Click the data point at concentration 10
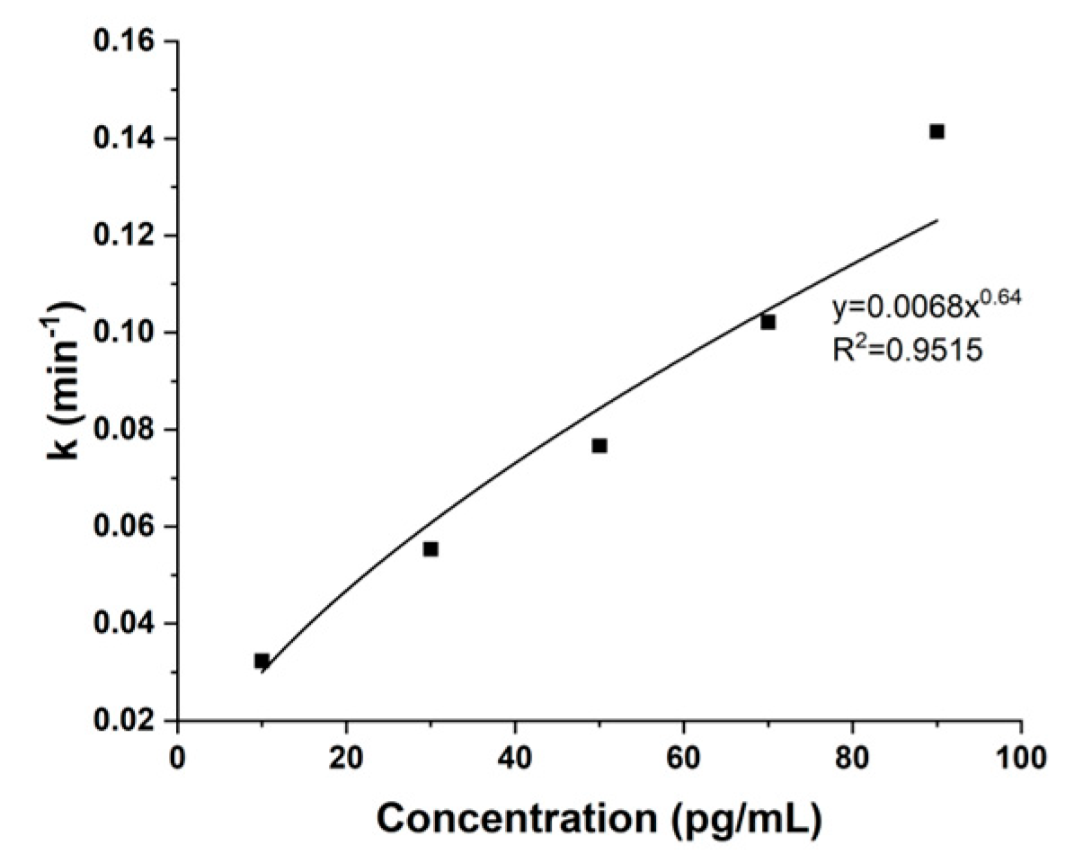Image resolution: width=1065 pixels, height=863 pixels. [x=262, y=661]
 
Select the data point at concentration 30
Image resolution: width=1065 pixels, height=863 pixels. [x=430, y=548]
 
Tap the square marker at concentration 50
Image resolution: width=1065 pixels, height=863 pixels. [x=599, y=446]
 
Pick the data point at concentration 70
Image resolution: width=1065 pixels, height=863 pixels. [x=768, y=322]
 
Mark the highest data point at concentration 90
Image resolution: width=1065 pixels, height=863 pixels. [x=936, y=131]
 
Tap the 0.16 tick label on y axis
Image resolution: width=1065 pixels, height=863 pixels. [x=129, y=42]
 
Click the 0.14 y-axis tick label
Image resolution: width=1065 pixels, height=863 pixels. [x=129, y=139]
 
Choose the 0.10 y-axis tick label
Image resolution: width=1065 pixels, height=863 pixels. [x=129, y=333]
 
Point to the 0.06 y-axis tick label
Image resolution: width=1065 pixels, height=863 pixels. [x=129, y=527]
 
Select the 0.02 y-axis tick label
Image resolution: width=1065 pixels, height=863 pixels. [x=129, y=721]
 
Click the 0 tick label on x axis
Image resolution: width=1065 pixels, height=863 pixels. [x=178, y=753]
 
